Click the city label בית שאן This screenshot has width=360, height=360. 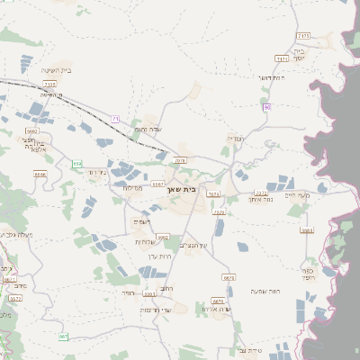(x=181, y=190)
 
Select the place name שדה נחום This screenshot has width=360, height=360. (x=148, y=130)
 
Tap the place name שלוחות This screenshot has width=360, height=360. (x=146, y=241)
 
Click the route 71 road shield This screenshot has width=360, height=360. (x=115, y=118)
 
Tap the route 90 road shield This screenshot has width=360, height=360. (x=267, y=108)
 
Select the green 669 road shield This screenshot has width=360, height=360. (x=77, y=164)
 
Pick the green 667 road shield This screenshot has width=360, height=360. (x=63, y=337)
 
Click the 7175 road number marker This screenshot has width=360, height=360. (x=303, y=35)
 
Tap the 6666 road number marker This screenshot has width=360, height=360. (x=31, y=131)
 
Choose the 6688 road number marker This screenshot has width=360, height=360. (x=40, y=173)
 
